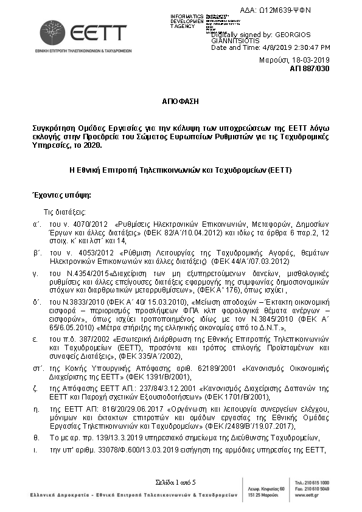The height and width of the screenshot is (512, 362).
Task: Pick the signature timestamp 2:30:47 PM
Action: pyautogui.click(x=307, y=47)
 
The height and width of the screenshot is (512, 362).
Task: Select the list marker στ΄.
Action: pyautogui.click(x=37, y=368)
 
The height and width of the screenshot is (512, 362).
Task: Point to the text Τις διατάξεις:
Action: pyautogui.click(x=64, y=212)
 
